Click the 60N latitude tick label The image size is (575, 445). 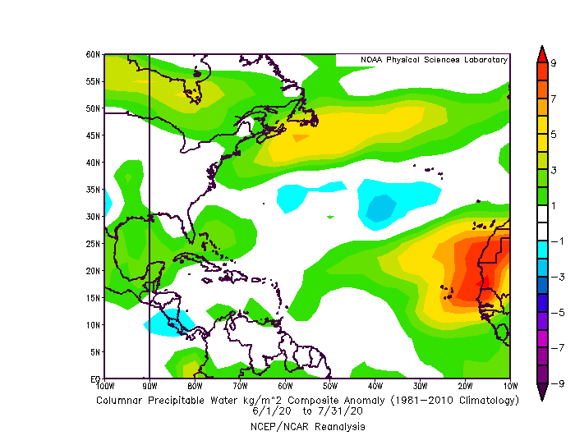[x=94, y=54]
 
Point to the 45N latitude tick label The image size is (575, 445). [x=94, y=135]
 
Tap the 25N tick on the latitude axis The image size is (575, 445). [x=94, y=244]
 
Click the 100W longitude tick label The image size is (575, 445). [x=104, y=385]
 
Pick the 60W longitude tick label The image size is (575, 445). [x=285, y=385]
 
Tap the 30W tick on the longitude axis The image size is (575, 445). [x=420, y=385]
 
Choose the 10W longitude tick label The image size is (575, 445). [x=510, y=385]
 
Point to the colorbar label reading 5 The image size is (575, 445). [x=554, y=134]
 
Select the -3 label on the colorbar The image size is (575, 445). [x=555, y=277]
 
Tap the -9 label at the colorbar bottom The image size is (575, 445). [x=555, y=383]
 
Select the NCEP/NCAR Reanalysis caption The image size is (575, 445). [x=308, y=427]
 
